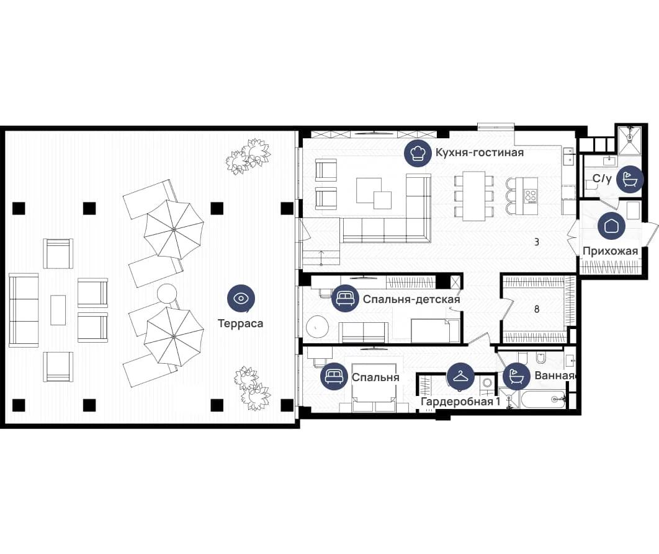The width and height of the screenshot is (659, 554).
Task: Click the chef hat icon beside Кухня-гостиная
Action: point(418,154)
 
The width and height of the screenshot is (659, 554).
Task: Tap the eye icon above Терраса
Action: point(241,299)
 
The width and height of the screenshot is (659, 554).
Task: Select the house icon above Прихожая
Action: point(611,226)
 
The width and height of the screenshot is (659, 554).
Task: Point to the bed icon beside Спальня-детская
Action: point(345,299)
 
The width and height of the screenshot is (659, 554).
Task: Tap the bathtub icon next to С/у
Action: point(630,179)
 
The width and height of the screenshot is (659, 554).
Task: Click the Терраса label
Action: point(240,323)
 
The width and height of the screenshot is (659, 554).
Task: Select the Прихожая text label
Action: point(610,251)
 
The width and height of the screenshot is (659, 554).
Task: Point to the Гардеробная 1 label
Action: point(460,402)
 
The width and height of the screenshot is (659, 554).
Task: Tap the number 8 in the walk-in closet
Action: point(537,309)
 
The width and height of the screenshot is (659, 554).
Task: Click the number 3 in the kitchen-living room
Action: point(537,242)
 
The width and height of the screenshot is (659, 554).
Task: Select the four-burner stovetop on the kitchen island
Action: point(531,196)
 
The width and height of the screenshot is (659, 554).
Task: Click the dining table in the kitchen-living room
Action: point(474,196)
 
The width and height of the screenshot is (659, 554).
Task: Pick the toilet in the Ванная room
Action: point(541,358)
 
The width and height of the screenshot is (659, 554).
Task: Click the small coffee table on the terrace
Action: point(58,310)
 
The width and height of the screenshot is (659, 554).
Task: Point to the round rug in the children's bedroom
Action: point(317,327)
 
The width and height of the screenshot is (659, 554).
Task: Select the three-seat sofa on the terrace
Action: point(24,310)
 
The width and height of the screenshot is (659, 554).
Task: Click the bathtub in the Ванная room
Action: point(542,399)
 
